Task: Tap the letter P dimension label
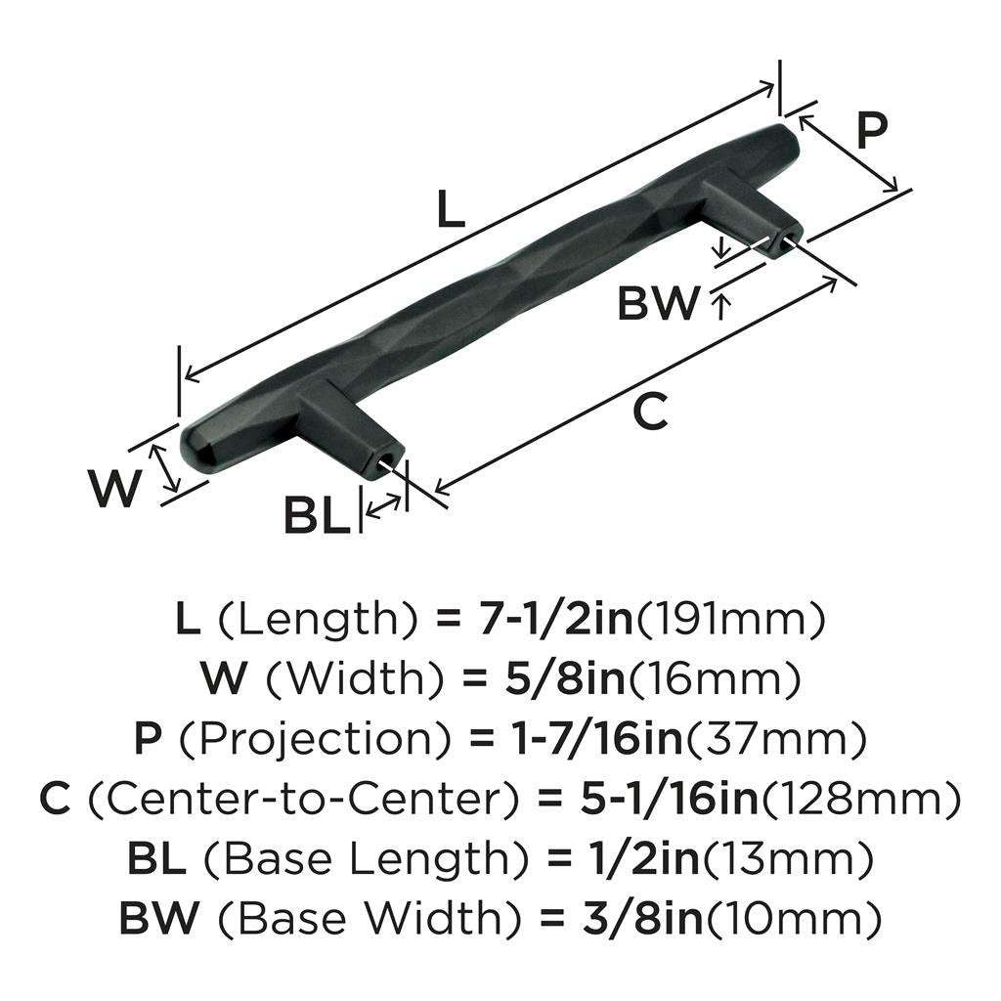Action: pyautogui.click(x=871, y=131)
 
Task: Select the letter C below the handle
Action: pyautogui.click(x=650, y=411)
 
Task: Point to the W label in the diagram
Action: pyautogui.click(x=113, y=488)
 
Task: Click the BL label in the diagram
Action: pyautogui.click(x=318, y=516)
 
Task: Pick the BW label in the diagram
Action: pyautogui.click(x=658, y=303)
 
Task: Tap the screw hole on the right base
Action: pyautogui.click(x=785, y=241)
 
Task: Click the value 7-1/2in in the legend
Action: pyautogui.click(x=555, y=619)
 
